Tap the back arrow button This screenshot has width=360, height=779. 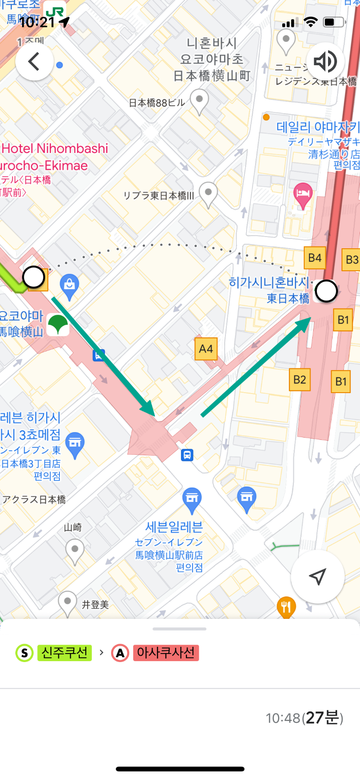coord(34,61)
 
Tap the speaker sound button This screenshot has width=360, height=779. coord(325,61)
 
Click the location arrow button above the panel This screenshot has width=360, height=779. coord(318,577)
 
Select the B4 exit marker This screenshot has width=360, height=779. coord(315,258)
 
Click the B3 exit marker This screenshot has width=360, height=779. coord(351,260)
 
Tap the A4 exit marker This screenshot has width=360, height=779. coord(206,349)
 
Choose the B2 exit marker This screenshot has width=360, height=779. coord(299,379)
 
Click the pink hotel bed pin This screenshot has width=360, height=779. coord(303,194)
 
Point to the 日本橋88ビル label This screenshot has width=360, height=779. coord(157,103)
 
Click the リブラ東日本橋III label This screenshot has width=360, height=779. coord(158,196)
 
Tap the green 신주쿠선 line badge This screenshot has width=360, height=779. coord(64,653)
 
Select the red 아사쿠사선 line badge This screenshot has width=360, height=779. coord(166,653)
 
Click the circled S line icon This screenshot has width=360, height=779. coord(24,653)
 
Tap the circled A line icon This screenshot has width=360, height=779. coord(120,653)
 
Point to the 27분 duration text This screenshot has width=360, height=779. coord(324,717)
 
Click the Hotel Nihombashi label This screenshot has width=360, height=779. coord(55,148)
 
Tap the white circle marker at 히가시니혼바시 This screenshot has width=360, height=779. coord(326,291)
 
